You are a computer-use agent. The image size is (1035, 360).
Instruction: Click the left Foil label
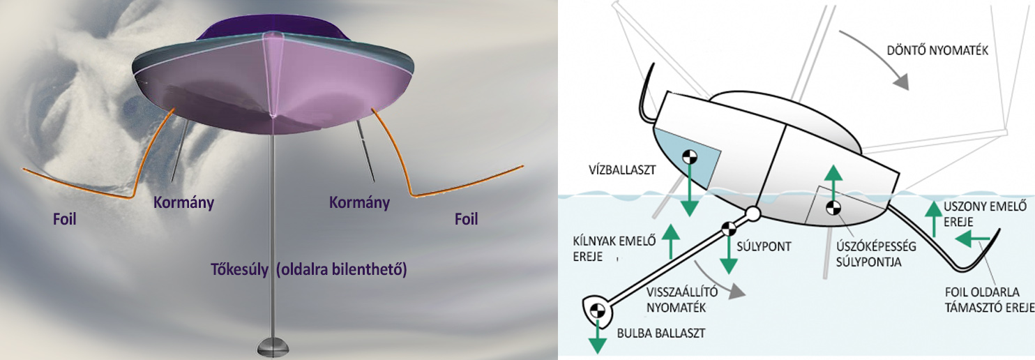pyautogui.click(x=65, y=218)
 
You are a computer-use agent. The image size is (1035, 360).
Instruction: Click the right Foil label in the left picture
pyautogui.click(x=466, y=218)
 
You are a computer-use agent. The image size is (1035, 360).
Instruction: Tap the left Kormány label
pyautogui.click(x=184, y=203)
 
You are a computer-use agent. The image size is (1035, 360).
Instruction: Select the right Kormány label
pyautogui.click(x=359, y=202)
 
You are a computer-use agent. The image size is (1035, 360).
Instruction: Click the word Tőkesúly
pyautogui.click(x=240, y=269)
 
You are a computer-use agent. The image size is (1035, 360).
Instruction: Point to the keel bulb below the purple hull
pyautogui.click(x=273, y=347)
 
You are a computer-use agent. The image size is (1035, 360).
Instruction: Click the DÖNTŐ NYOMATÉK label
pyautogui.click(x=937, y=50)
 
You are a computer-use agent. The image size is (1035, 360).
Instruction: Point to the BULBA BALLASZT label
pyautogui.click(x=661, y=333)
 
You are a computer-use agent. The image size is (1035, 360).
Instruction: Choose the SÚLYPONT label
pyautogui.click(x=764, y=246)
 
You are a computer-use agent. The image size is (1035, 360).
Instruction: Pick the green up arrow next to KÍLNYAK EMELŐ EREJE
pyautogui.click(x=671, y=241)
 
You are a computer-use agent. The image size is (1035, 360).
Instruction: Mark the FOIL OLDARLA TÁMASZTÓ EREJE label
pyautogui.click(x=989, y=300)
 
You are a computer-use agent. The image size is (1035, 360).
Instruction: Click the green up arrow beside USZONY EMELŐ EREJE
pyautogui.click(x=934, y=219)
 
